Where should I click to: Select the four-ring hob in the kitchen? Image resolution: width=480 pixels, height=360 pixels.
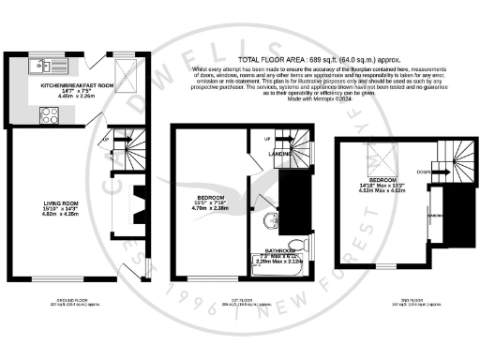click(47, 115)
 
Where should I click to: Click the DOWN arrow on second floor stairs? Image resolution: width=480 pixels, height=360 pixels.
click(425, 172)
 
